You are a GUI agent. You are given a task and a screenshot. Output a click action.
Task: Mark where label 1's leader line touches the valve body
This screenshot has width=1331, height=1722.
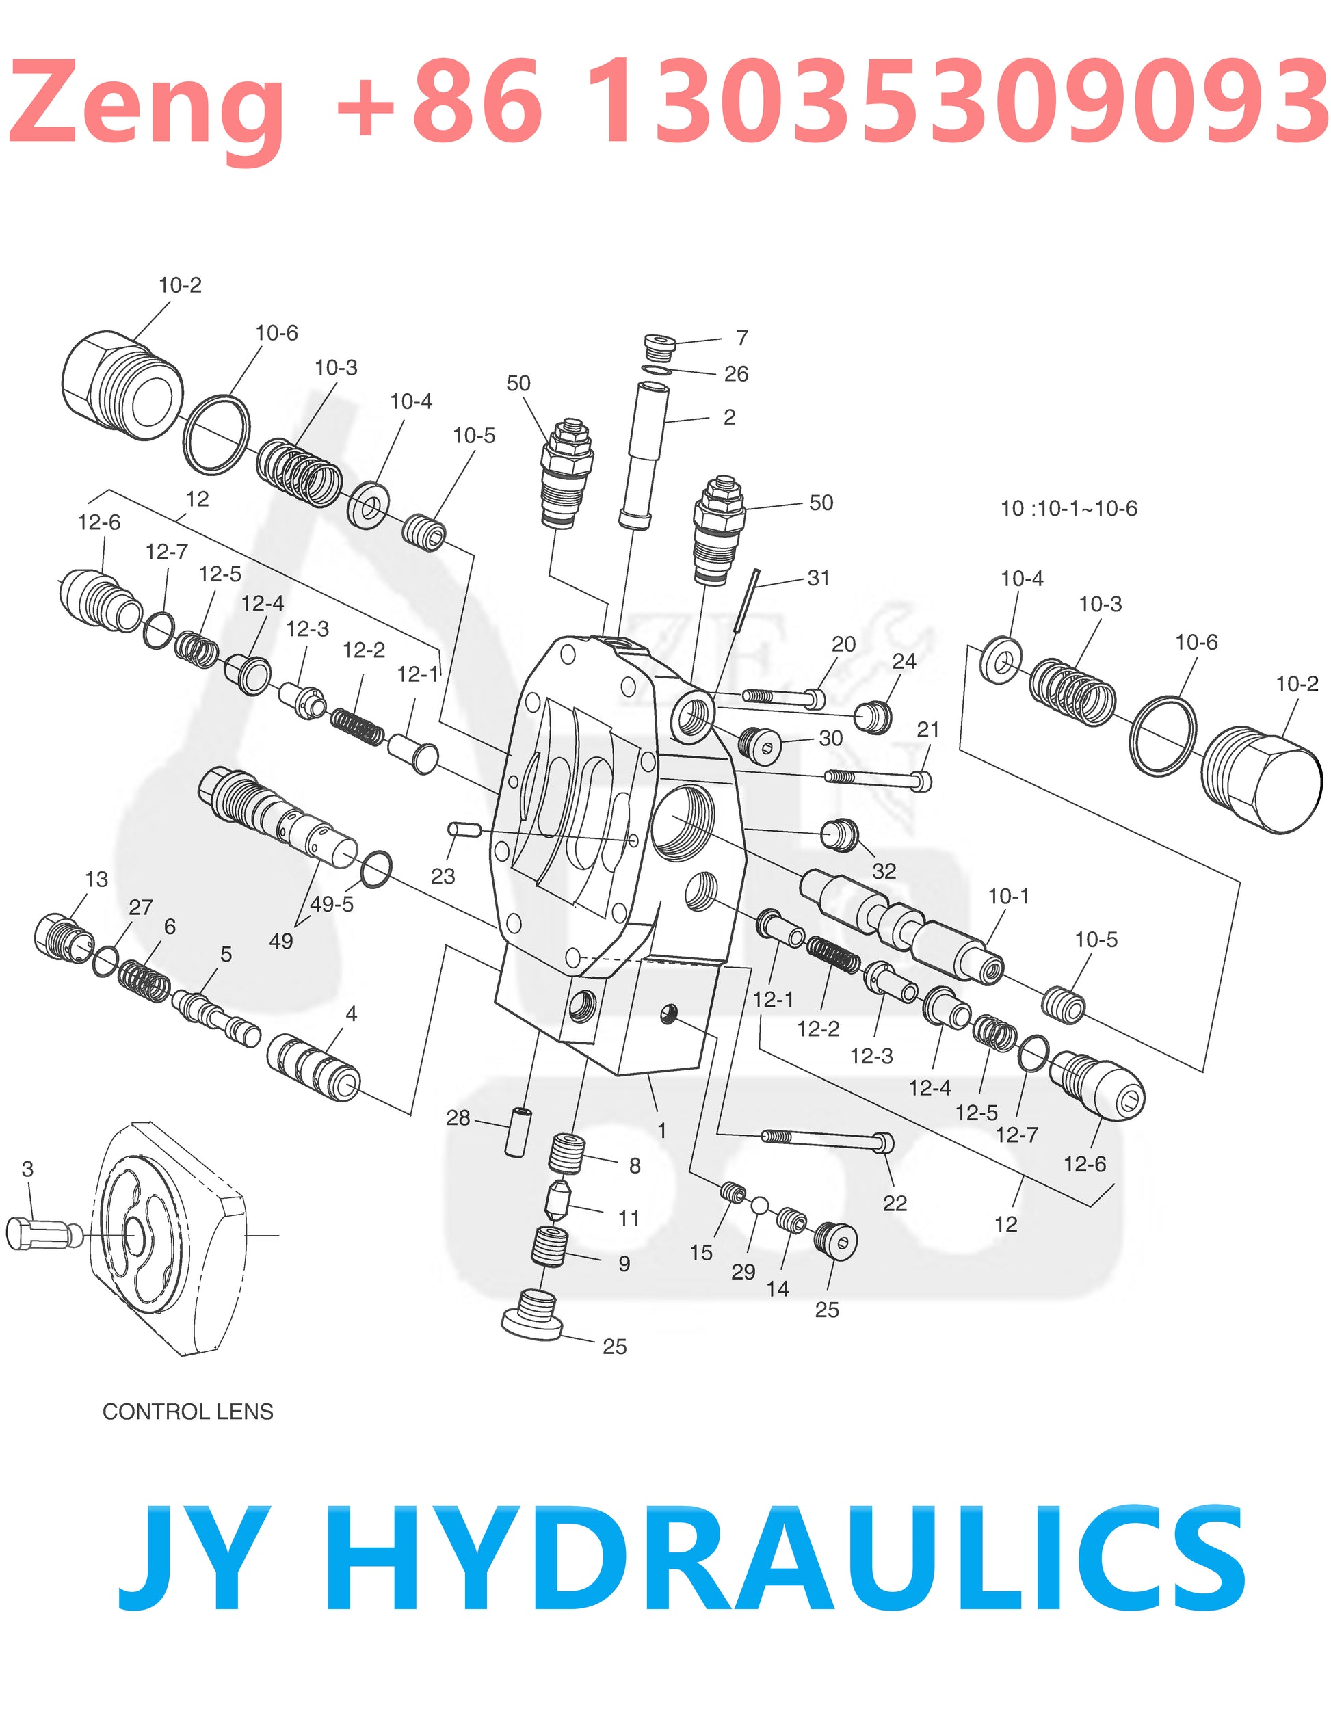(x=648, y=1074)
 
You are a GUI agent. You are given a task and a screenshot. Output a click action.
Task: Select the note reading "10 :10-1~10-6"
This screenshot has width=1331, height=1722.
(x=1068, y=509)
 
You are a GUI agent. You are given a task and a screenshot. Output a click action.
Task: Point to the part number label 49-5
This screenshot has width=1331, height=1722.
(x=331, y=903)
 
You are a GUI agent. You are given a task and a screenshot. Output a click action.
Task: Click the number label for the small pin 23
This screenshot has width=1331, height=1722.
(x=443, y=876)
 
